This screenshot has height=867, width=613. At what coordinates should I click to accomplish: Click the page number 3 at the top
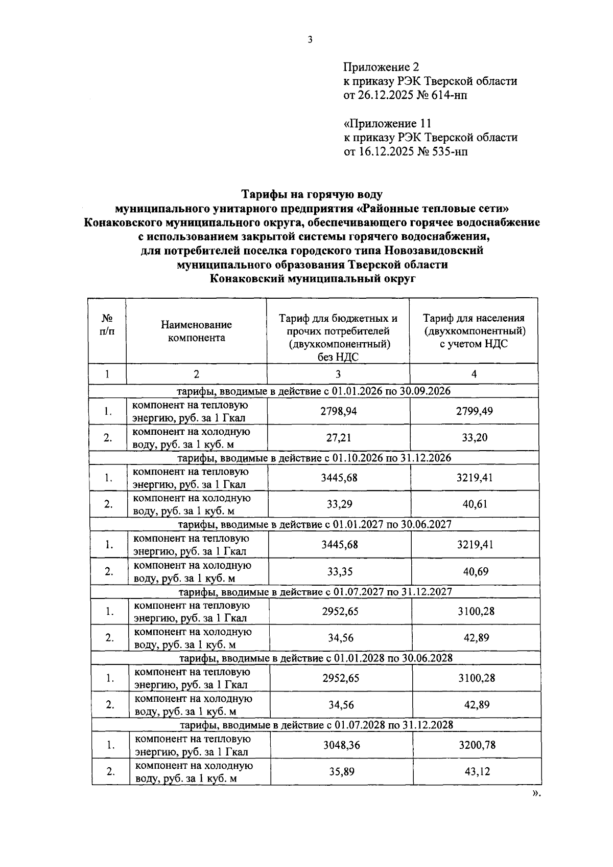[310, 40]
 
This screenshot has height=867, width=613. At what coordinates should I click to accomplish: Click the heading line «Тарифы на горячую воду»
[312, 194]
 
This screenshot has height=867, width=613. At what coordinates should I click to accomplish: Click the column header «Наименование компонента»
[196, 331]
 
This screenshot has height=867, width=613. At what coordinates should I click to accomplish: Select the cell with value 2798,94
[339, 411]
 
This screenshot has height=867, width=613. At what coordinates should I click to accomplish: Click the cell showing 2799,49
[474, 411]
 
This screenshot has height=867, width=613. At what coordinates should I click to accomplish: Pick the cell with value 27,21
[339, 438]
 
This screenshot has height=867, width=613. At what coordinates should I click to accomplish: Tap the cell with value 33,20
[475, 438]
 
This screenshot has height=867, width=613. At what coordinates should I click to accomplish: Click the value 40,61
[475, 504]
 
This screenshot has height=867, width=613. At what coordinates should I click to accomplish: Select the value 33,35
[340, 571]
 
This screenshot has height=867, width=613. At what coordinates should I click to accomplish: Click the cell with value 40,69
[476, 571]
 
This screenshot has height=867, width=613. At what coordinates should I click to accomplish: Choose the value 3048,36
[341, 745]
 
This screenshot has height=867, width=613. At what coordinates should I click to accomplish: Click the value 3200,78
[477, 745]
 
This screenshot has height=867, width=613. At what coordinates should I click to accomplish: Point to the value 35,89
[342, 772]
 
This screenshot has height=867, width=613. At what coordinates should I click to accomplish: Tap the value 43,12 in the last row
[477, 772]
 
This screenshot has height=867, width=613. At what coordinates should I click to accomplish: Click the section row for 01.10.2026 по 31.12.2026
[314, 458]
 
